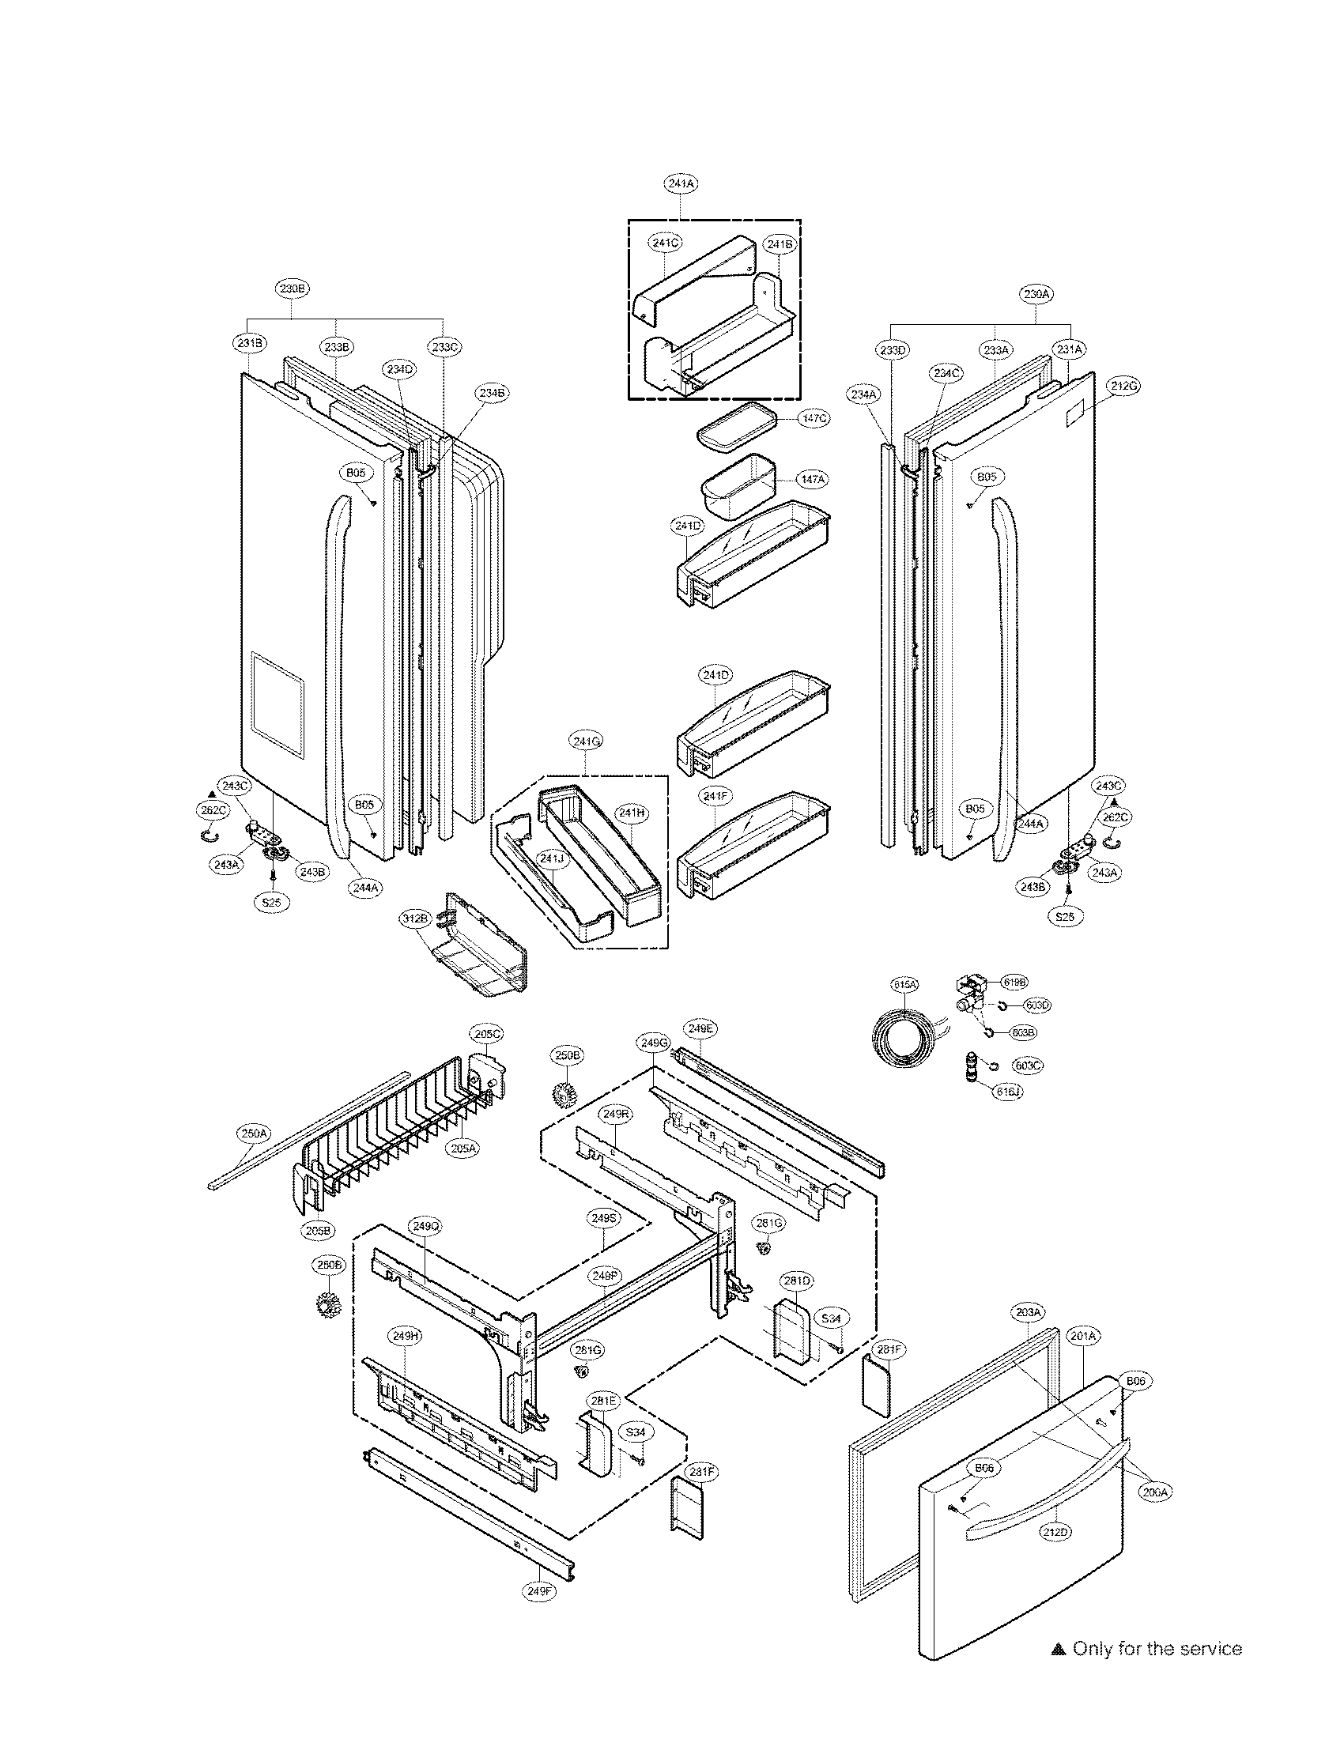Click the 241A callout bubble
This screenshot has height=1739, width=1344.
pyautogui.click(x=681, y=183)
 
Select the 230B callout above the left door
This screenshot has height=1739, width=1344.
pyautogui.click(x=293, y=289)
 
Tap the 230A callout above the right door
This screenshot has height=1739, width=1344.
pyautogui.click(x=1037, y=294)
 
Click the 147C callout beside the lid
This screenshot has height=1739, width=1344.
pyautogui.click(x=814, y=418)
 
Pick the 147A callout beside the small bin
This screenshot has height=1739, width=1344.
pyautogui.click(x=814, y=479)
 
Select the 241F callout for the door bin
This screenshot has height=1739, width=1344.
pyautogui.click(x=714, y=795)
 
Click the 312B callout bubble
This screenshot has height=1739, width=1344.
pyautogui.click(x=416, y=918)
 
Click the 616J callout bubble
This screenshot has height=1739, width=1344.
pyautogui.click(x=1007, y=1092)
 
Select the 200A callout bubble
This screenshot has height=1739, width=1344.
pyautogui.click(x=1154, y=1493)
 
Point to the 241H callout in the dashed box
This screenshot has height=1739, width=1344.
pyautogui.click(x=630, y=813)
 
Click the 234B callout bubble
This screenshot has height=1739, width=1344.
pyautogui.click(x=491, y=393)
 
